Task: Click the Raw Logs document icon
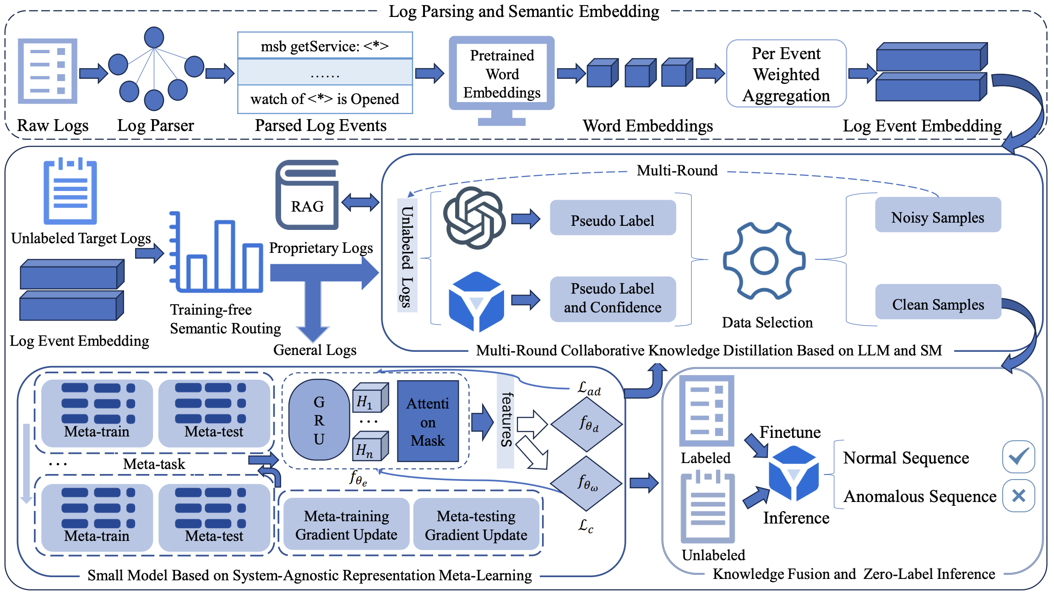48,71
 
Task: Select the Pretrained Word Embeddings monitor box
502,74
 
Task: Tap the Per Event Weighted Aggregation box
786,74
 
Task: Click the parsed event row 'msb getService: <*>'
325,46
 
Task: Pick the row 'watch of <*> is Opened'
325,99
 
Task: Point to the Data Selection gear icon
764,261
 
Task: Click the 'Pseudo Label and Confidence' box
613,299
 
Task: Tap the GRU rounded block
319,420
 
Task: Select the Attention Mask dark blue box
428,421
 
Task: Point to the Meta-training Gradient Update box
347,525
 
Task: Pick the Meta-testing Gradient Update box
476,525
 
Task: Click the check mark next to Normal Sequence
1018,457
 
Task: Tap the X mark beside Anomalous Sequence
1018,496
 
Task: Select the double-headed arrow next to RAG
360,202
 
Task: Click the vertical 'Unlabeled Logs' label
407,256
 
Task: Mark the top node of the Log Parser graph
154,37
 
